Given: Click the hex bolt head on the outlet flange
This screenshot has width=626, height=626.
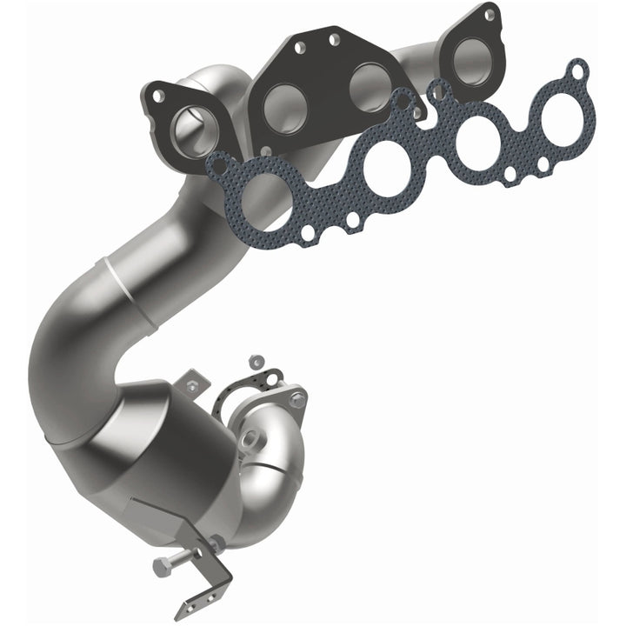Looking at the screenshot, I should (298, 401).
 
